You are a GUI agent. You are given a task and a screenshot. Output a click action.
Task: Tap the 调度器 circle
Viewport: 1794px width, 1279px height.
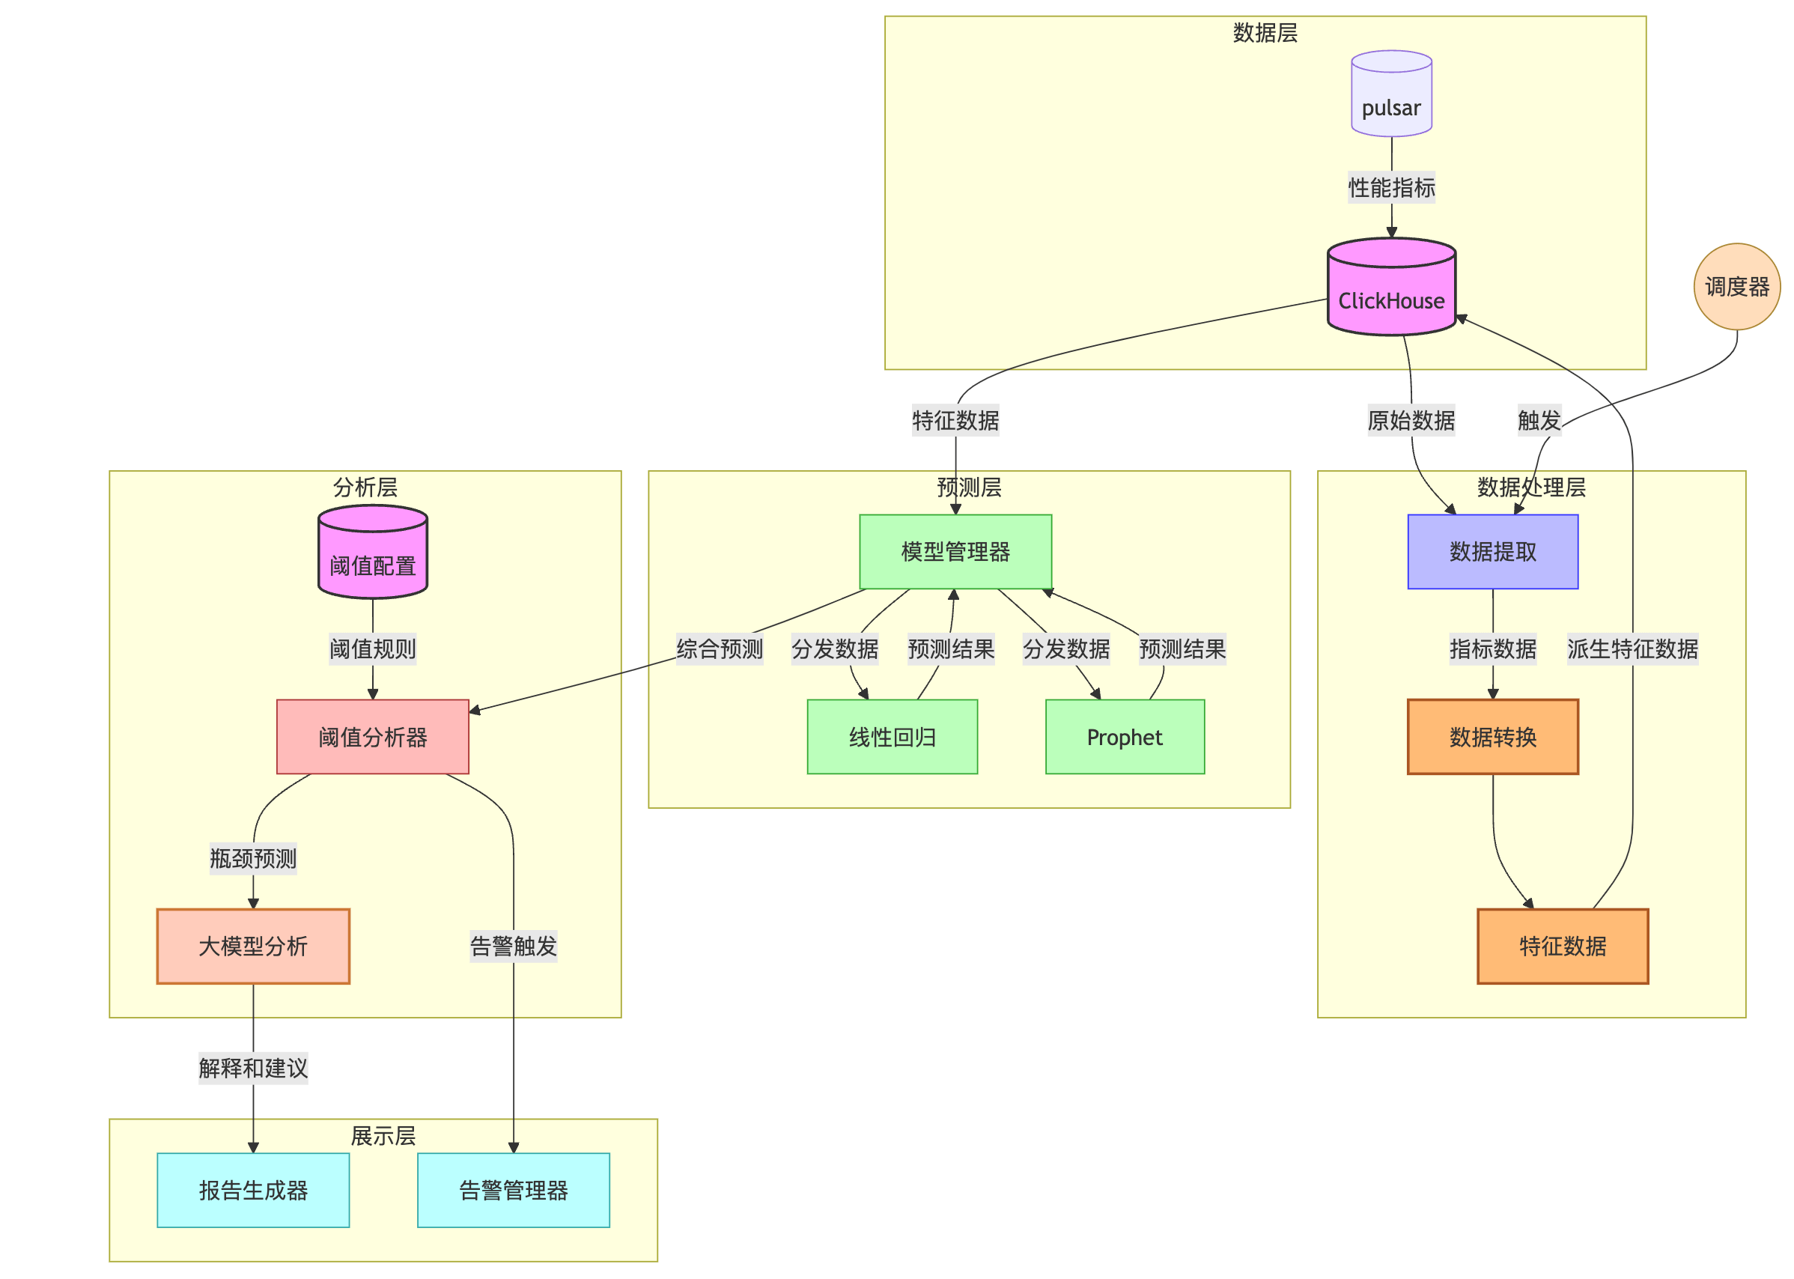[1736, 287]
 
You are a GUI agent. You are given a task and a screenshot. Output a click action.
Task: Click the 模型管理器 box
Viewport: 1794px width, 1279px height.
[955, 551]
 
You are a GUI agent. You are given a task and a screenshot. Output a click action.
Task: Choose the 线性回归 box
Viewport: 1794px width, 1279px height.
[893, 737]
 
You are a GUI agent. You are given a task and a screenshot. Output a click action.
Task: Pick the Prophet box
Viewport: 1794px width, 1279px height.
[1125, 737]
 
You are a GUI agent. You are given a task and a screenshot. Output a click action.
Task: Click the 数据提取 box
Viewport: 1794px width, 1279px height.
[1492, 551]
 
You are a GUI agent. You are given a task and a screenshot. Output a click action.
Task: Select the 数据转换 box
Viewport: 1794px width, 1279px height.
[1492, 737]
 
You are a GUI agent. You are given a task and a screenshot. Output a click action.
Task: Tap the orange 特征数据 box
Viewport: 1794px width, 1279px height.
[1563, 946]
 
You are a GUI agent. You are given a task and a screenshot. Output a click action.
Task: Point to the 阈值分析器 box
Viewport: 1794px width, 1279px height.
[373, 737]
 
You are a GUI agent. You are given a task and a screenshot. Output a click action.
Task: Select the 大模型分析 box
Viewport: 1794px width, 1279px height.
[253, 946]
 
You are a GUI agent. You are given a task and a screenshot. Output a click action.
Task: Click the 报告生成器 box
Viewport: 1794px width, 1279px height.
[253, 1190]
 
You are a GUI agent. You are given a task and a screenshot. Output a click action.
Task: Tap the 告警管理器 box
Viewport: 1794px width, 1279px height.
[514, 1190]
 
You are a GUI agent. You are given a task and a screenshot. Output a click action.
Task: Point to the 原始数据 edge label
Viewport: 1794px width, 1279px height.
[1411, 421]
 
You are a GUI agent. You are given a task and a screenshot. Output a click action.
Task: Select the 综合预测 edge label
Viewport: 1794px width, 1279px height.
[719, 649]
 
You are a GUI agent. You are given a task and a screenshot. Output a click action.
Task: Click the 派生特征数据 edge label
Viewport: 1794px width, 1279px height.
[1632, 649]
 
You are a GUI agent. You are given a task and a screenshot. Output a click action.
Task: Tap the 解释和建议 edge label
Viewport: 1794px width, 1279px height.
[253, 1068]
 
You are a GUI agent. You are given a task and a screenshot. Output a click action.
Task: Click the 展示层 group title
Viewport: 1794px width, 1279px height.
[383, 1136]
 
